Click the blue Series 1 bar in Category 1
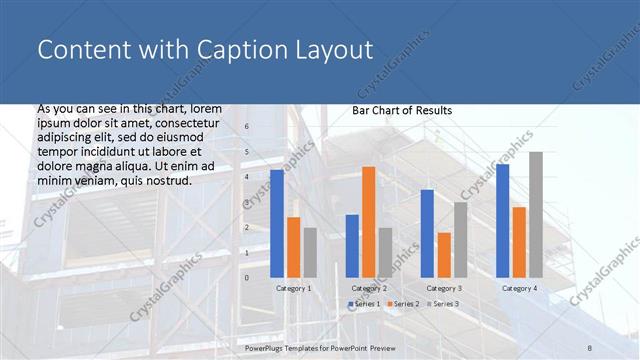point(277,224)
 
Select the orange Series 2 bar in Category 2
point(368,222)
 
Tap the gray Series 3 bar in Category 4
point(536,215)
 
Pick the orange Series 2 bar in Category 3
point(444,255)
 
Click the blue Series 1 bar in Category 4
point(502,221)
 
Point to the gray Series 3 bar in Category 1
point(310,253)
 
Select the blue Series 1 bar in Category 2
point(352,246)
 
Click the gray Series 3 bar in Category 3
point(460,240)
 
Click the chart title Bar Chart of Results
point(402,110)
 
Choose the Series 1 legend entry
point(364,303)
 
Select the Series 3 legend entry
point(442,303)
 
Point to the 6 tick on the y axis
point(248,127)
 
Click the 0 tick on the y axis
point(248,278)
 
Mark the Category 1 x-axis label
point(293,288)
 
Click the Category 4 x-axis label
point(519,288)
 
